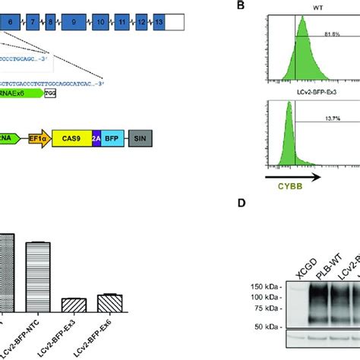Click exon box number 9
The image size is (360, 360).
74,24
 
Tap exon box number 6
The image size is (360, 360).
10,24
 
